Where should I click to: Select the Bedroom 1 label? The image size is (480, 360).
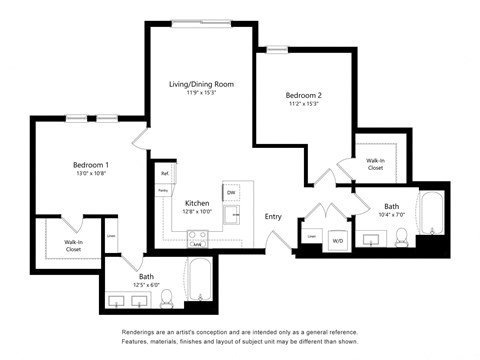90,165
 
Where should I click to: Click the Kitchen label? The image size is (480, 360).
196,203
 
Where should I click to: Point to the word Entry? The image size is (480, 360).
273,216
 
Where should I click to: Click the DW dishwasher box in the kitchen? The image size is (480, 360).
231,192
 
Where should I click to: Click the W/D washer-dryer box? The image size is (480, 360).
338,241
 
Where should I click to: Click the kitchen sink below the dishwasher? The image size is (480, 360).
237,213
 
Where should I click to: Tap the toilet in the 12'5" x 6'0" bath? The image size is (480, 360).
167,297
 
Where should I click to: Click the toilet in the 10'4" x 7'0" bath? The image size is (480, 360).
401,237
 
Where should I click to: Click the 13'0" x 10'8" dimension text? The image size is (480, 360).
90,175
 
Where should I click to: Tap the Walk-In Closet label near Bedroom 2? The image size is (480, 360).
375,164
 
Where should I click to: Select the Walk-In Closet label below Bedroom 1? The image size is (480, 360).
73,245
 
